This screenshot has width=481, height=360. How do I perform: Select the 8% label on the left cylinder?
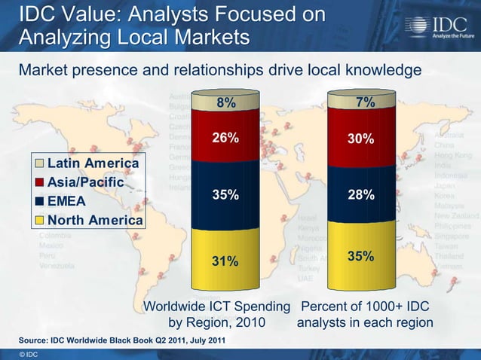[x=225, y=103]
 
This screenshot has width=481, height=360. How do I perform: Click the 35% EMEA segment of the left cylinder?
[x=225, y=195]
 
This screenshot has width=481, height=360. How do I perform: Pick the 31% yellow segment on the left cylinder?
[x=225, y=261]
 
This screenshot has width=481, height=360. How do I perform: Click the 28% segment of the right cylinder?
[x=361, y=195]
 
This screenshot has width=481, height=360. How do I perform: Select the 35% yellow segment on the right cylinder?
[x=361, y=256]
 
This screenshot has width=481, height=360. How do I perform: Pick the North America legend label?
[x=95, y=220]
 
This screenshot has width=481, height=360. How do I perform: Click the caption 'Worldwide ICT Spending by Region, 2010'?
[x=216, y=315]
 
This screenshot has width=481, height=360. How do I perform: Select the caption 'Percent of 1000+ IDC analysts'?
[x=365, y=315]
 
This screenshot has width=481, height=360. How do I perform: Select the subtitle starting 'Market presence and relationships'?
[x=219, y=70]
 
